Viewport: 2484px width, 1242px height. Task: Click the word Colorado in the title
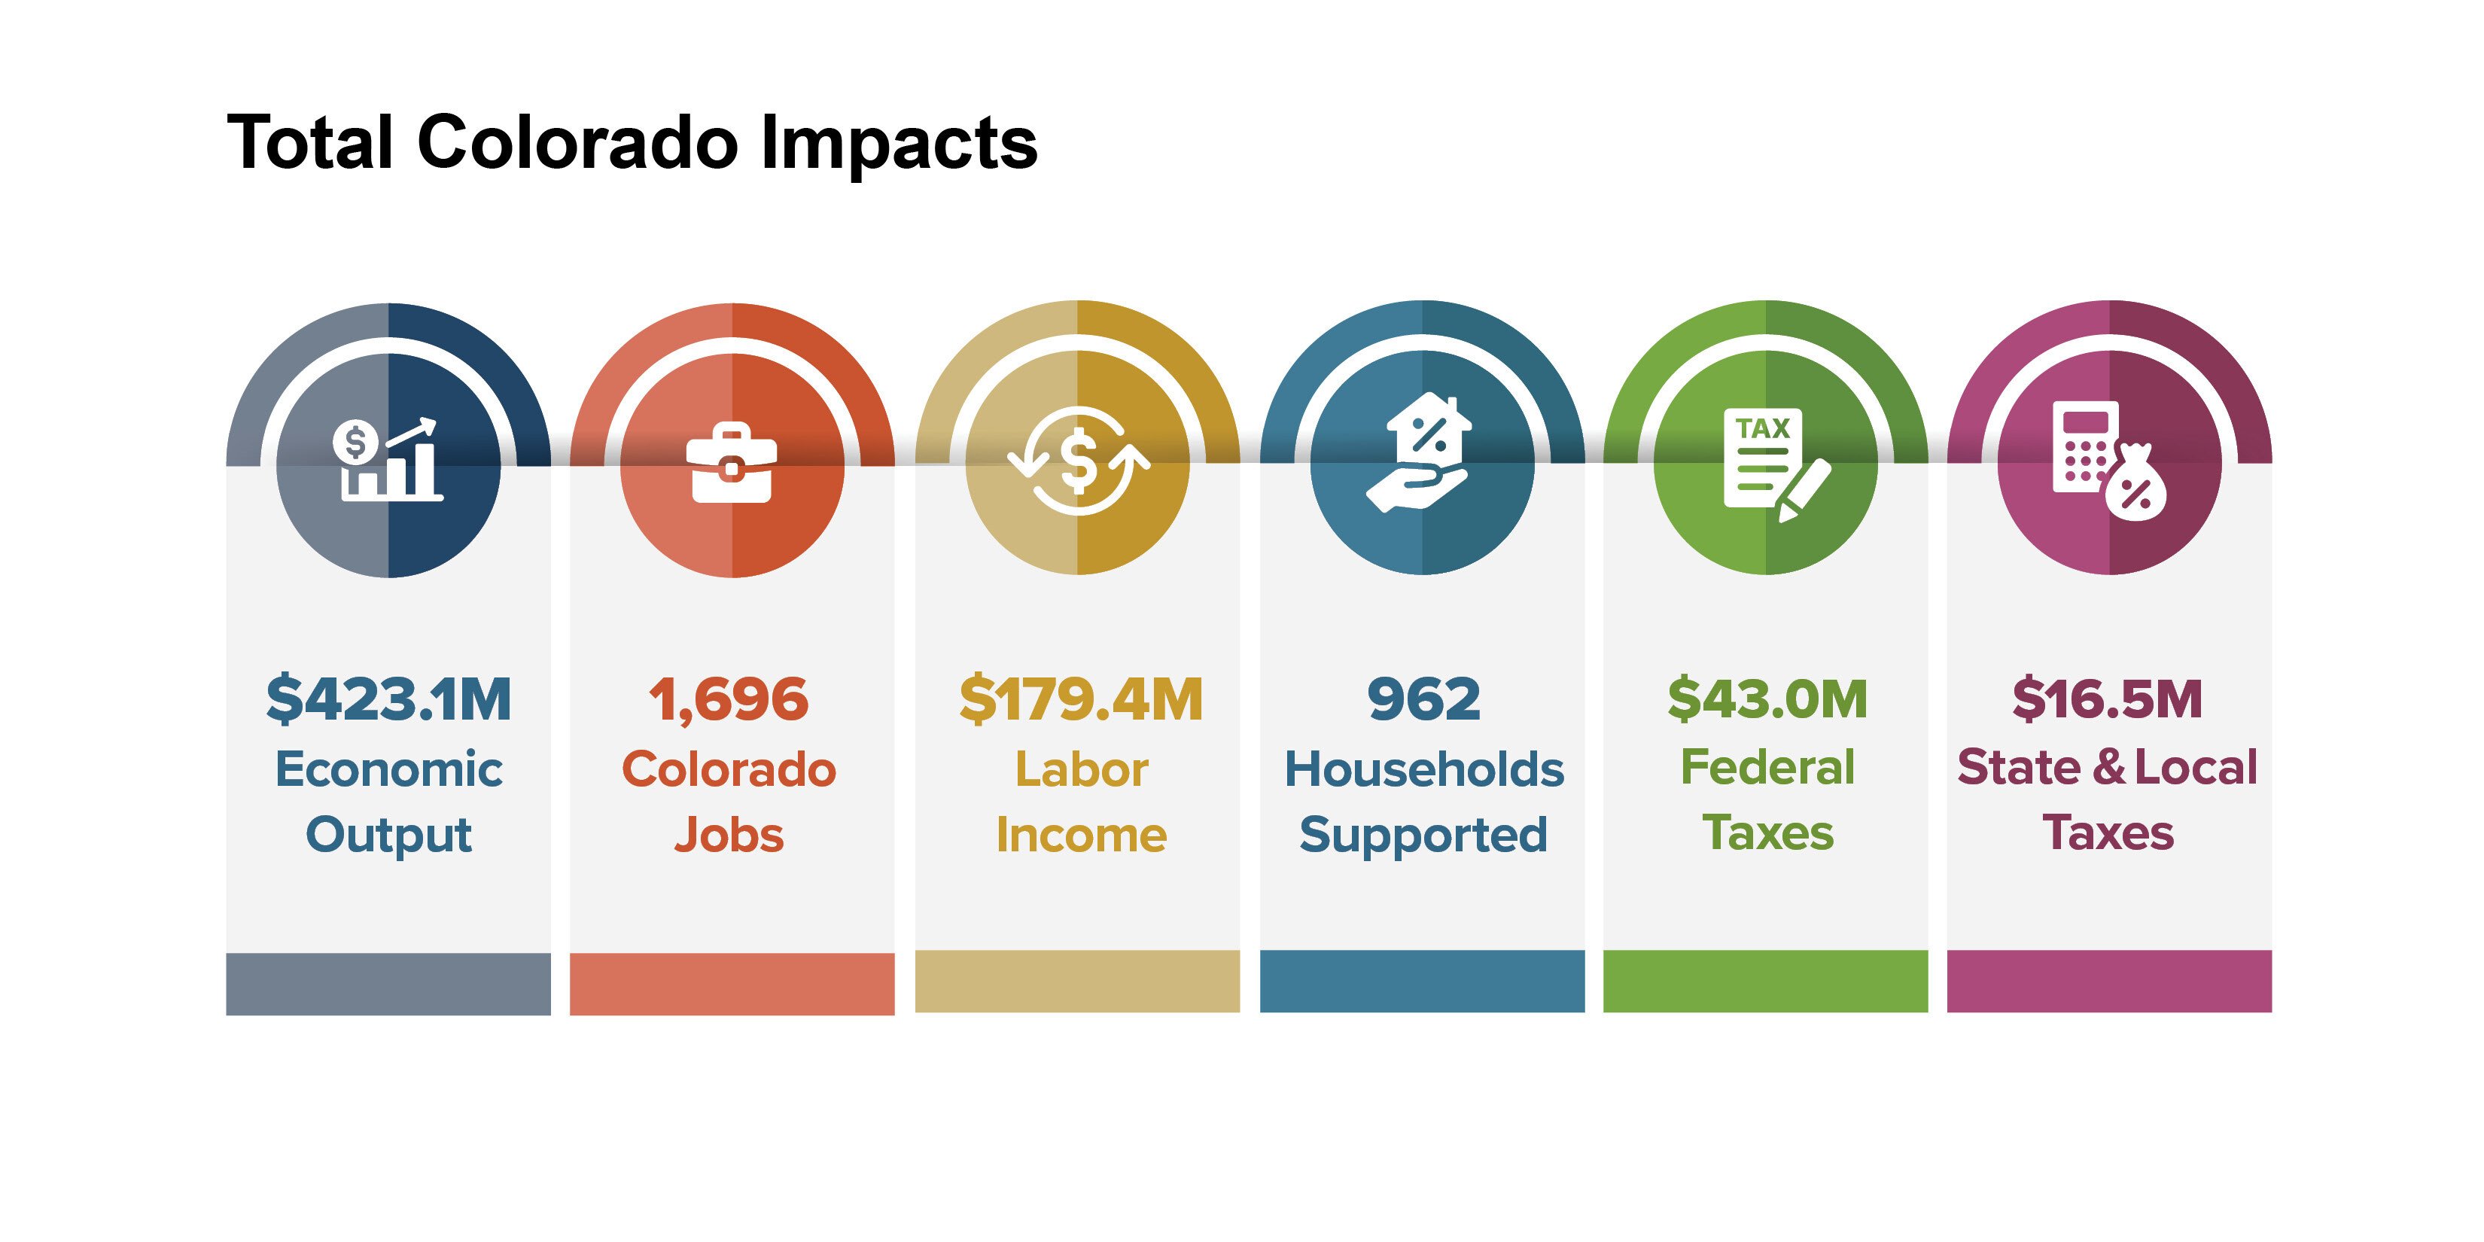577,143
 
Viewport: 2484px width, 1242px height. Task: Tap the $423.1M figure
388,699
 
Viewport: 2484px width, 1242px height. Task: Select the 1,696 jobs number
729,699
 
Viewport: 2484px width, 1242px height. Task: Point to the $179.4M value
1081,699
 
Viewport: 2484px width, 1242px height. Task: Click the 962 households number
1423,699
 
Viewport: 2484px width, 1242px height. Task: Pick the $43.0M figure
1767,699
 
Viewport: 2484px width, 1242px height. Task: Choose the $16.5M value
2108,699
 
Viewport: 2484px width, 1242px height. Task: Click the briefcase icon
732,463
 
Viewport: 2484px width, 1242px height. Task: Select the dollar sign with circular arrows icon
1078,461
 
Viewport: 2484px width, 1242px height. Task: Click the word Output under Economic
388,835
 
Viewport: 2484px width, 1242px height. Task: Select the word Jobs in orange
729,835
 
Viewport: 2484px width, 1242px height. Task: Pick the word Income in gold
1081,835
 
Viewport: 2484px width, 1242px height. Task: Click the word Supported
1423,835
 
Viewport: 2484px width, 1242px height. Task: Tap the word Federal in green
1767,769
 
